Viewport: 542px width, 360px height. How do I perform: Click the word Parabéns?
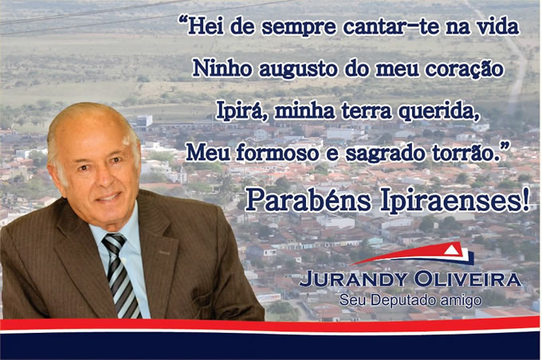(308, 201)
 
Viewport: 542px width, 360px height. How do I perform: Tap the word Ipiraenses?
(455, 201)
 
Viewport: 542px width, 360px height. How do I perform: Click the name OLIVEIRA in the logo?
(468, 280)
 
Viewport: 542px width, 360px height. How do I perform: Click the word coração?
(464, 68)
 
